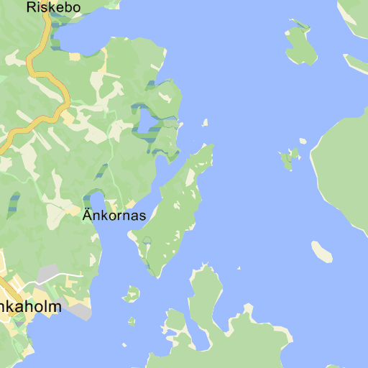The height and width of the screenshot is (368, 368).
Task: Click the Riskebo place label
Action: click(53, 8)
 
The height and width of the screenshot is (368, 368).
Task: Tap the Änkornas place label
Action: click(114, 215)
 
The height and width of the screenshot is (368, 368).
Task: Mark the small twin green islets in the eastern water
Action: click(288, 158)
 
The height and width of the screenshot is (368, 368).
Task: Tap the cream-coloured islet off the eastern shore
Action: click(321, 251)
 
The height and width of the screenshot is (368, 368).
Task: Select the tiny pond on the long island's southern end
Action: click(147, 240)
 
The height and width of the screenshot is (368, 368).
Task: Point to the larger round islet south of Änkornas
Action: click(131, 293)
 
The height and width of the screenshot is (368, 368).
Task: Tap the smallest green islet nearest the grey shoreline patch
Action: click(132, 321)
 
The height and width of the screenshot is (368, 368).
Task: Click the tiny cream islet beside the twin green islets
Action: click(303, 141)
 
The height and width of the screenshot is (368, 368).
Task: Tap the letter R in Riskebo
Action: click(31, 8)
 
